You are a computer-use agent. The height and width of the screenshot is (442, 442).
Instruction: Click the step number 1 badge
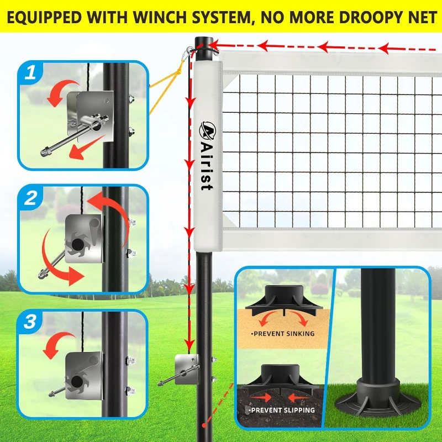pos(31,73)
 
